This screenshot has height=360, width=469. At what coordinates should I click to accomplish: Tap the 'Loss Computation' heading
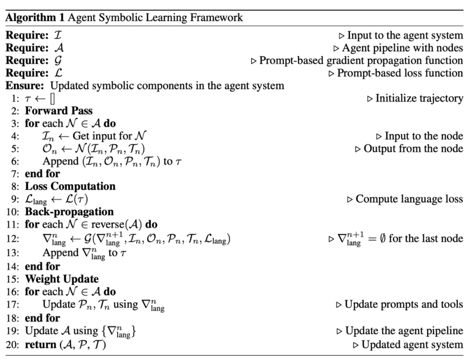click(x=70, y=186)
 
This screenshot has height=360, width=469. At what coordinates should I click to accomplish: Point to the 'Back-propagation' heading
click(x=69, y=212)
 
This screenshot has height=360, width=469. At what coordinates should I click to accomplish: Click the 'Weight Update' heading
click(x=62, y=279)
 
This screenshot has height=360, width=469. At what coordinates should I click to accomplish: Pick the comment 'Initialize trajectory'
click(x=419, y=98)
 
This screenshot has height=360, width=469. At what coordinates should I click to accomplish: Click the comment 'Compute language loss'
click(x=409, y=199)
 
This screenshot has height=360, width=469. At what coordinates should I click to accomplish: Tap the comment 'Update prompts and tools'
click(x=403, y=304)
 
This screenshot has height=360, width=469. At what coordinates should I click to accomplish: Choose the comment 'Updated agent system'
click(x=412, y=345)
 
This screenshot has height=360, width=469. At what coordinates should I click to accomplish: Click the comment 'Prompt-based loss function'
click(x=400, y=73)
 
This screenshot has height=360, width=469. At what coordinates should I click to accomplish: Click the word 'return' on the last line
click(x=38, y=345)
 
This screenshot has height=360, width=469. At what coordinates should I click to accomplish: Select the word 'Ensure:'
click(x=25, y=86)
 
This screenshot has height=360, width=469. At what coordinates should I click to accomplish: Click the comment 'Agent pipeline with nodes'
click(x=403, y=48)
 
